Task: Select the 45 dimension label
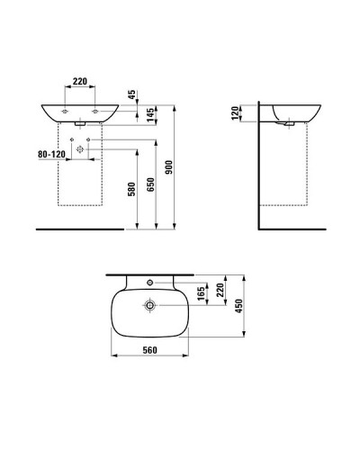(x=130, y=94)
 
